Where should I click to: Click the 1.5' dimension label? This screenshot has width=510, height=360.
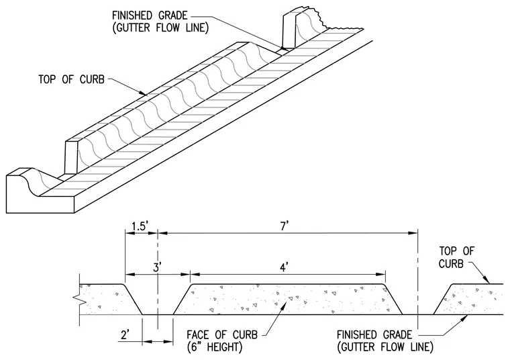click(140, 226)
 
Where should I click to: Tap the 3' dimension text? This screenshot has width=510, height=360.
click(158, 267)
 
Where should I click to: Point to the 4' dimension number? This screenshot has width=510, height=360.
click(284, 267)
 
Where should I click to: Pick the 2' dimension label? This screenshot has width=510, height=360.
click(125, 335)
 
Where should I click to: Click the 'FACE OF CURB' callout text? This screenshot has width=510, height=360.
click(222, 334)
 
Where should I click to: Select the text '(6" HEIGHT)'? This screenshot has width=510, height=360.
click(215, 347)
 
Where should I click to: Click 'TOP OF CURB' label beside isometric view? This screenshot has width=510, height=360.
click(72, 79)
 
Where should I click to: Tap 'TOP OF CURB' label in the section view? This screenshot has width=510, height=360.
click(457, 257)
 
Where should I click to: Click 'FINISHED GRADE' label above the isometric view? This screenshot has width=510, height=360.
click(150, 15)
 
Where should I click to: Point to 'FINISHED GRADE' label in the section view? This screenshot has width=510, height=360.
click(374, 334)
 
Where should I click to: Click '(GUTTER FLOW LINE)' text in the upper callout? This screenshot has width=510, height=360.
click(160, 28)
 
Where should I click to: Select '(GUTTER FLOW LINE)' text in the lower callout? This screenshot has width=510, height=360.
click(385, 347)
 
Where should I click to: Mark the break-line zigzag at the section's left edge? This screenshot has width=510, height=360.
click(76, 298)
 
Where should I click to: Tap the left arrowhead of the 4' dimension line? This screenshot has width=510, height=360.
click(195, 275)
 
